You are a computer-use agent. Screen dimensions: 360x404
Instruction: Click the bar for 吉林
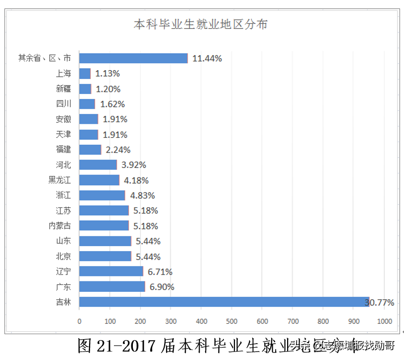(224, 302)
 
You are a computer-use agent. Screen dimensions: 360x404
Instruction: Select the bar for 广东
(112, 287)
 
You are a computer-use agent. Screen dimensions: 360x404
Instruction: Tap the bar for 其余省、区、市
(133, 58)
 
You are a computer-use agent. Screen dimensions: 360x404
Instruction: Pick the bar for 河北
(98, 165)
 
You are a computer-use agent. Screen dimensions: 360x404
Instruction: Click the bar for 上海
(85, 74)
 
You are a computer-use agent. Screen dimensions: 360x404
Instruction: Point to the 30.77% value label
(380, 302)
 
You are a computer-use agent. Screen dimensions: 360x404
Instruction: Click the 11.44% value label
(207, 58)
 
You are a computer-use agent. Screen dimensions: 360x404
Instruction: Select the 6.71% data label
(160, 271)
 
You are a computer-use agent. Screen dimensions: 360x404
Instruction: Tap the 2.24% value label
(118, 150)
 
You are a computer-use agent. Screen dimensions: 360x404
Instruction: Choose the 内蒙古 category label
(60, 226)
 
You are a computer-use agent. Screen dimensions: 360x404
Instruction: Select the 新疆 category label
(64, 89)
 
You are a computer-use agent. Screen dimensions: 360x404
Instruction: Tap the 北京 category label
(64, 256)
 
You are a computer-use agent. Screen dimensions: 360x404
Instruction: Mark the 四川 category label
(64, 104)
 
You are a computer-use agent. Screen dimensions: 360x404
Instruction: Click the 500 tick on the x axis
(231, 322)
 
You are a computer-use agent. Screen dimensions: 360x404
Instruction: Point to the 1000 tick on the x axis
(385, 322)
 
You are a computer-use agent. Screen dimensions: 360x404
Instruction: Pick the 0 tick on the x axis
(79, 322)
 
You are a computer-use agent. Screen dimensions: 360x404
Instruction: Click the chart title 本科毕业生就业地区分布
(201, 24)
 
